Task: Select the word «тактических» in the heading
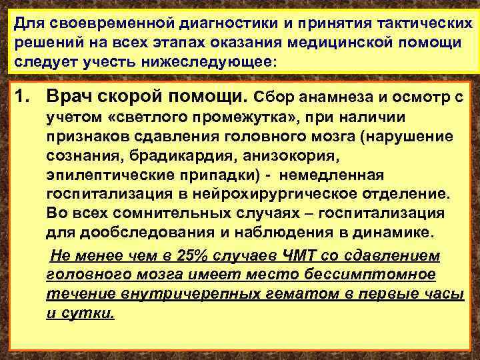[416, 24]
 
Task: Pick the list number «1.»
[25, 98]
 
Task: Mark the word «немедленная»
[332, 175]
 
